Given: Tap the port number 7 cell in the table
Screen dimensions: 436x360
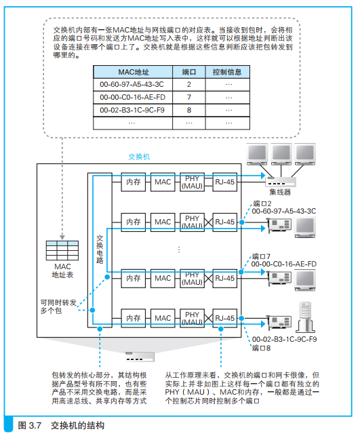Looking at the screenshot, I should pyautogui.click(x=189, y=97).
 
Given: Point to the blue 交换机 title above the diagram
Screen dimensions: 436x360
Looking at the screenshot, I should pyautogui.click(x=139, y=156).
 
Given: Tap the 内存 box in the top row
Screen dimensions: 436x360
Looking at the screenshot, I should pyautogui.click(x=133, y=182).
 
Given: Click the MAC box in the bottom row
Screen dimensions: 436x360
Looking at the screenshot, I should pyautogui.click(x=163, y=317).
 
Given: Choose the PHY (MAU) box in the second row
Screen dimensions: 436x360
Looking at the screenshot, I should pyautogui.click(x=193, y=222).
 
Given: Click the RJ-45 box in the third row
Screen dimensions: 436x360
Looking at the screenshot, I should pyautogui.click(x=224, y=277).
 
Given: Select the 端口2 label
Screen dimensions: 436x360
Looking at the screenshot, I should pyautogui.click(x=262, y=203).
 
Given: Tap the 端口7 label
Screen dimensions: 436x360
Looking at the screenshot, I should pyautogui.click(x=262, y=256).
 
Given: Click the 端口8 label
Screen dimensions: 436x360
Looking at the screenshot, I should pyautogui.click(x=262, y=348).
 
